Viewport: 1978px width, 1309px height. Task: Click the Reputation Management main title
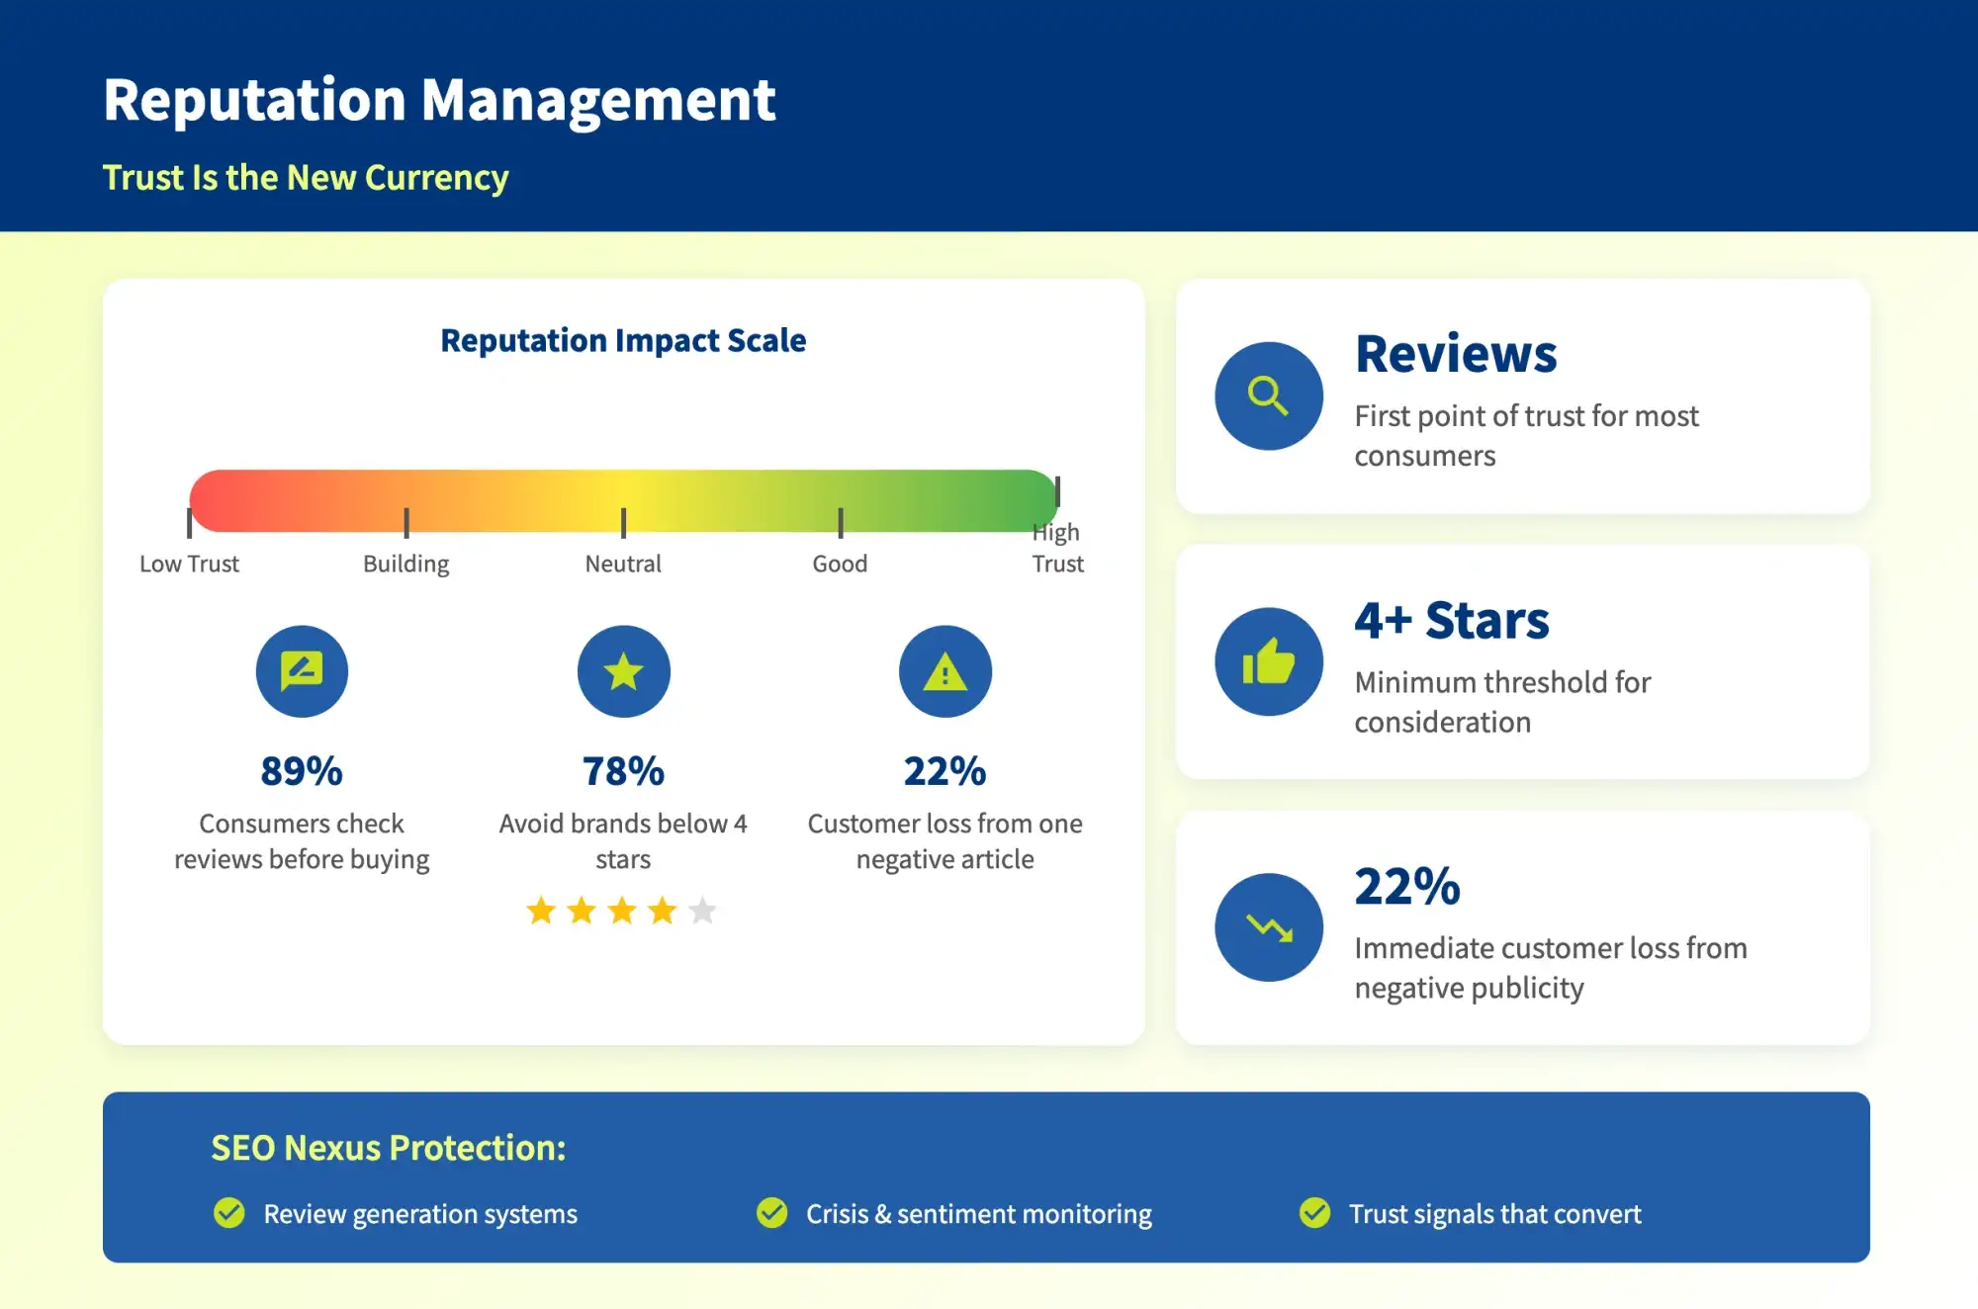click(x=439, y=100)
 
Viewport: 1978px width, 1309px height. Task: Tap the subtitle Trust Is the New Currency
click(x=306, y=178)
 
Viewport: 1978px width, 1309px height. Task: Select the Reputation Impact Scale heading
click(x=623, y=340)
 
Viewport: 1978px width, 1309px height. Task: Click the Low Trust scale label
click(x=189, y=564)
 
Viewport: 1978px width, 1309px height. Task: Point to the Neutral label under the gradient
click(x=623, y=564)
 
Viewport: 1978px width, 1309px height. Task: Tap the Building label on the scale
click(x=405, y=564)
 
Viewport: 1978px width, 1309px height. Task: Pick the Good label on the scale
click(x=840, y=564)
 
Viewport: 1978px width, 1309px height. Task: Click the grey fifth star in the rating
click(x=702, y=910)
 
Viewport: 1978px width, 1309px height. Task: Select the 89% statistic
click(x=302, y=771)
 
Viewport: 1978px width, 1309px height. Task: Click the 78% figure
click(x=623, y=771)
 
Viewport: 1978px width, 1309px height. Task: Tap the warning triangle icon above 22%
click(x=944, y=672)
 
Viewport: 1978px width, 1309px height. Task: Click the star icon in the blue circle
click(x=623, y=672)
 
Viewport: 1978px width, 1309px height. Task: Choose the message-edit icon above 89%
click(x=302, y=671)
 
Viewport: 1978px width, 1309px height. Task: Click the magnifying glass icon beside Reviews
click(x=1268, y=395)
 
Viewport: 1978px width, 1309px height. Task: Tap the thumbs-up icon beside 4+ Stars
click(x=1268, y=661)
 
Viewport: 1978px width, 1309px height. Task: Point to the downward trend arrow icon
click(x=1268, y=927)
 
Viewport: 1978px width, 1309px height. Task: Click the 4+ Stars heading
click(x=1451, y=621)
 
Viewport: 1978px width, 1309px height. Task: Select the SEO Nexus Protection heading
click(x=388, y=1148)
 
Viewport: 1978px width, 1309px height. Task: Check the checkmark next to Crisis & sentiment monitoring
click(x=771, y=1212)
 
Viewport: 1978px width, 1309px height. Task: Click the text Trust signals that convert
click(x=1494, y=1214)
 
